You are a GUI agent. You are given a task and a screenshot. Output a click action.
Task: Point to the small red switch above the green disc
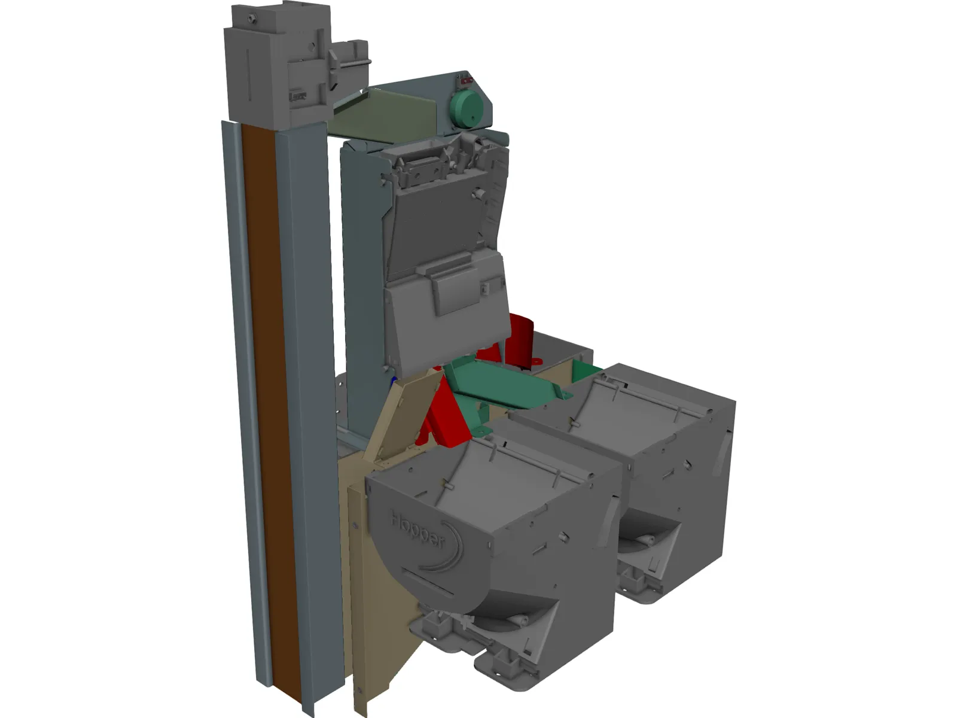(x=467, y=80)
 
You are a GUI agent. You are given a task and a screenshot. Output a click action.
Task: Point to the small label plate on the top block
(x=297, y=96)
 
